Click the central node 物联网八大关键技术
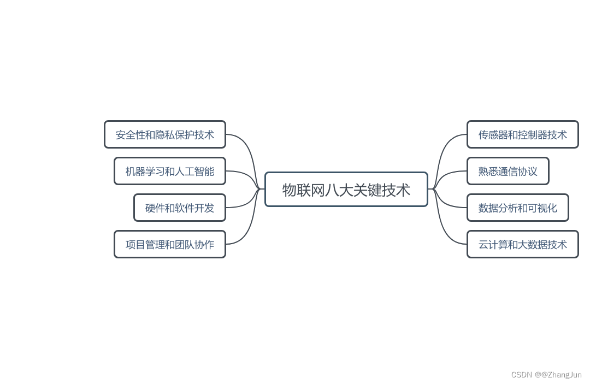click(346, 190)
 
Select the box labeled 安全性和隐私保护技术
click(164, 134)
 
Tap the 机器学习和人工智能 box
click(169, 171)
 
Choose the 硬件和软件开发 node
click(179, 208)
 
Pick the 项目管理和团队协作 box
click(169, 244)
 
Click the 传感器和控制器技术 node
click(522, 134)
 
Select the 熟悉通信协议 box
click(508, 171)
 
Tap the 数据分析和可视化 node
click(517, 208)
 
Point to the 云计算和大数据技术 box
click(522, 244)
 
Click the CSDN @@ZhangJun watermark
click(546, 375)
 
